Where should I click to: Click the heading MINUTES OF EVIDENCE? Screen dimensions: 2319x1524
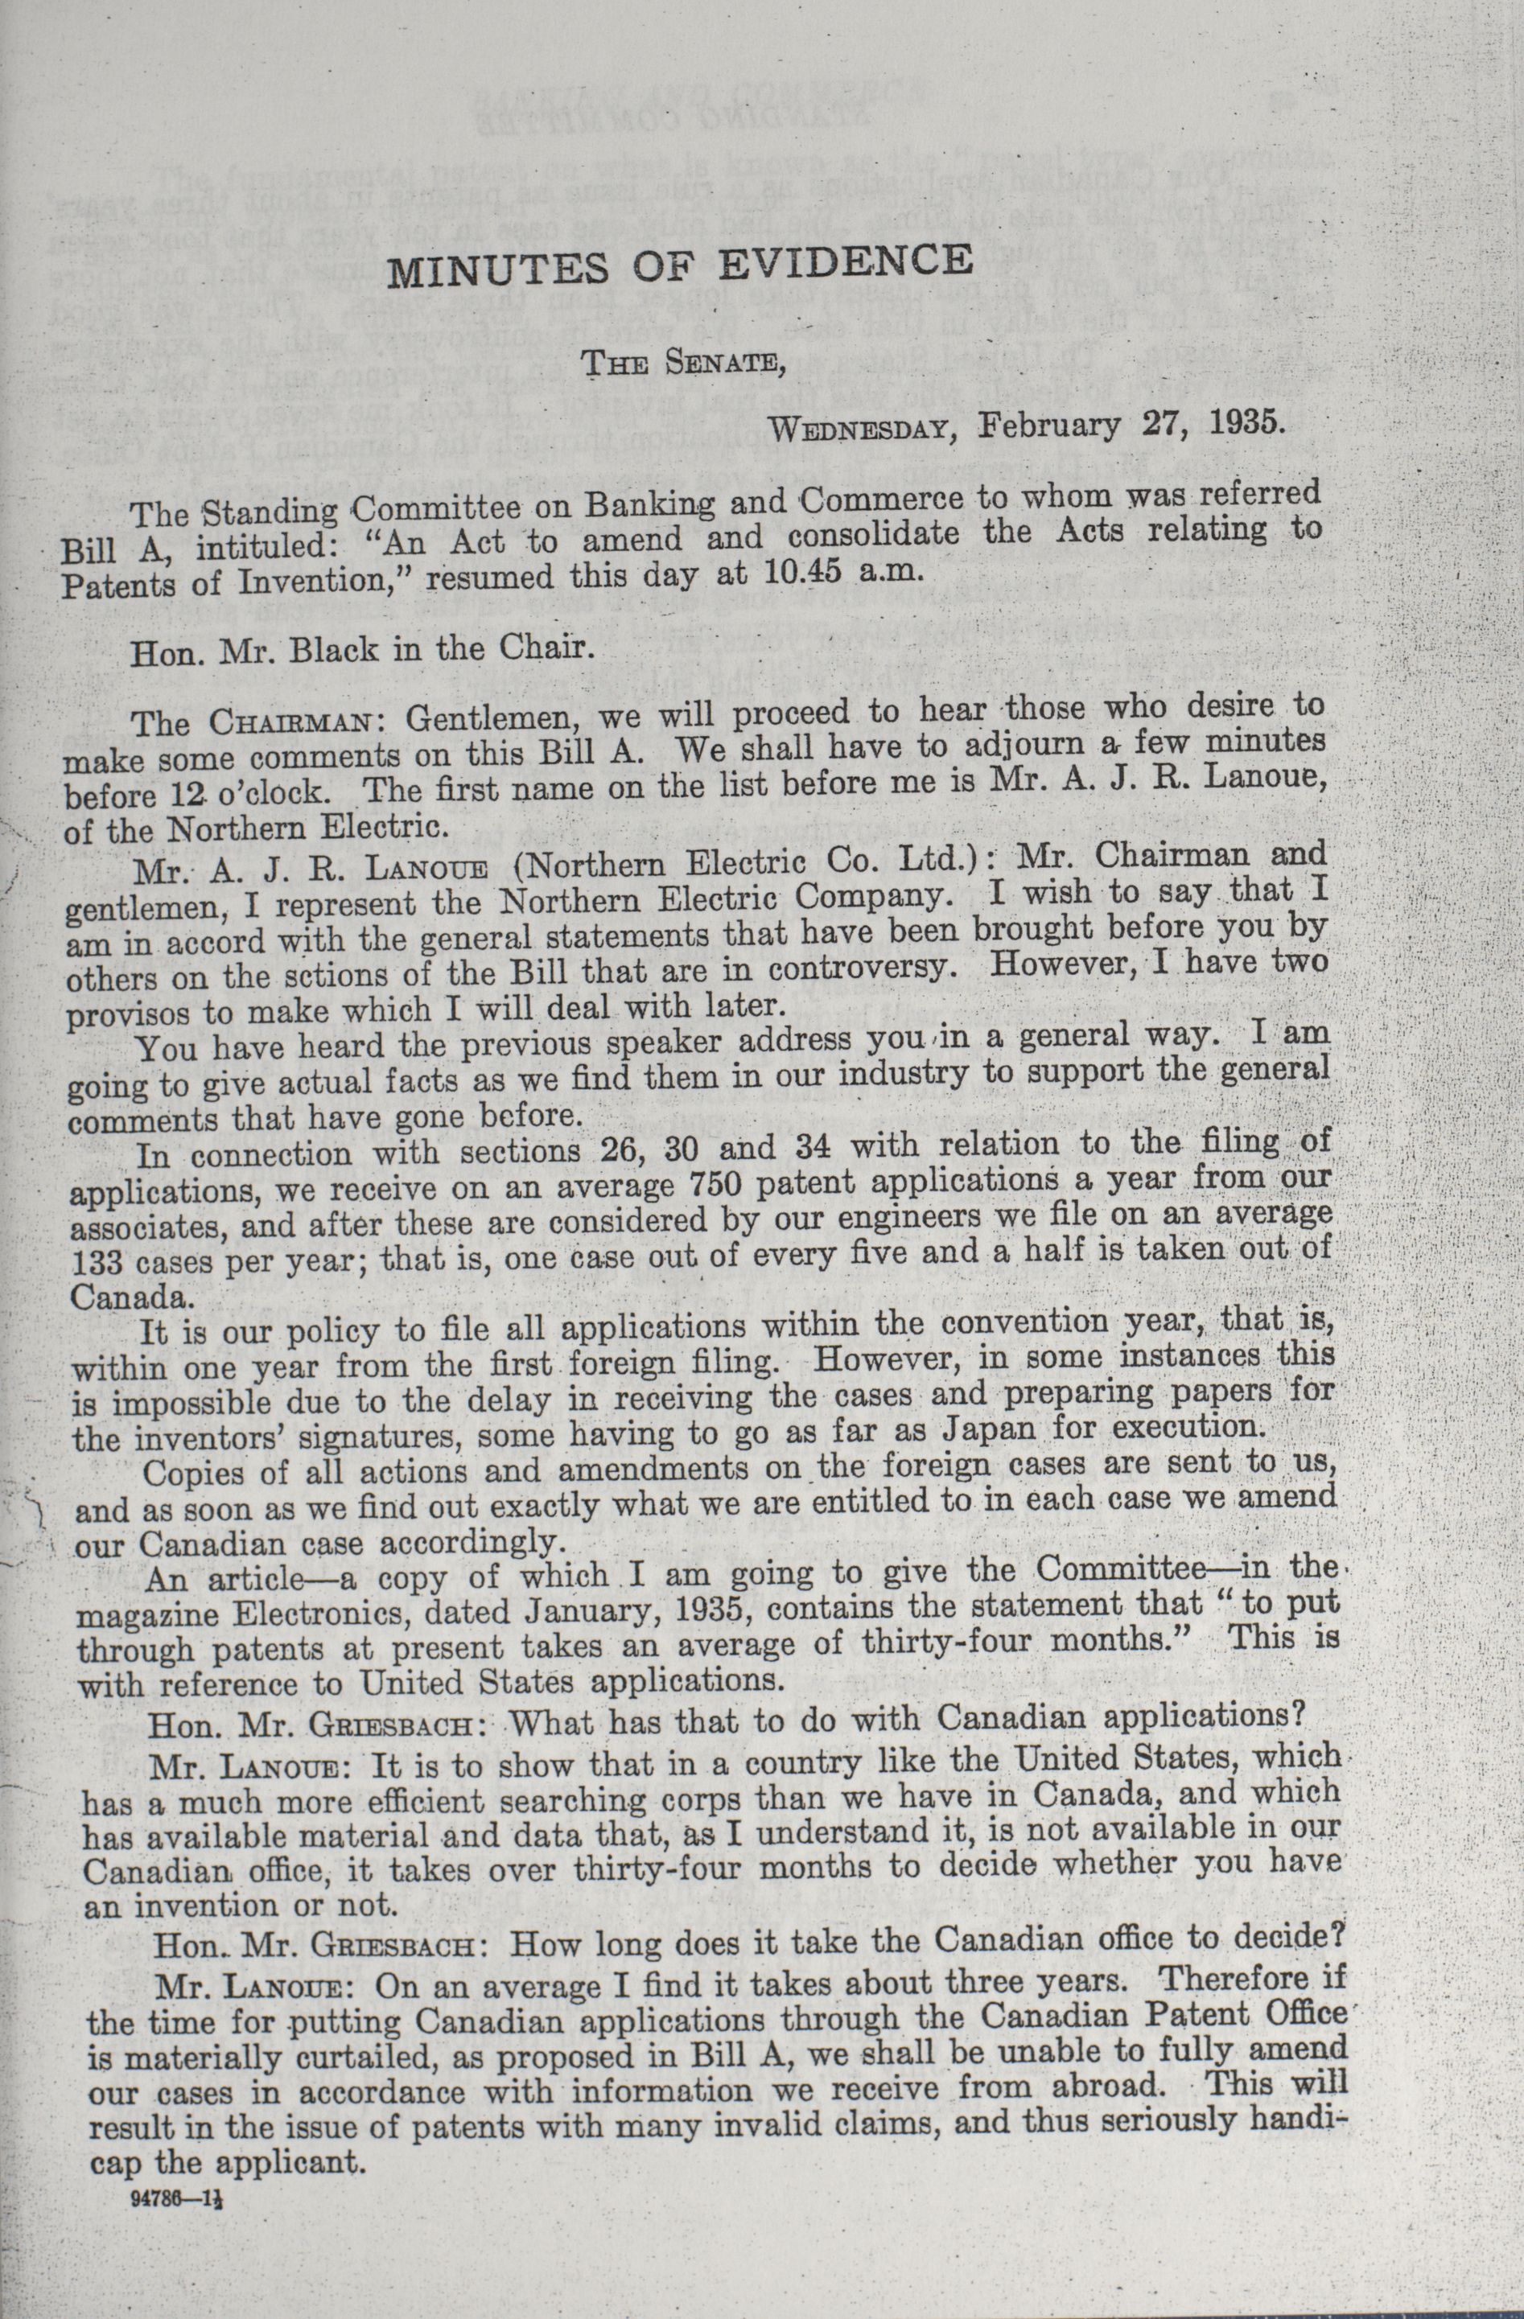pyautogui.click(x=680, y=264)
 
